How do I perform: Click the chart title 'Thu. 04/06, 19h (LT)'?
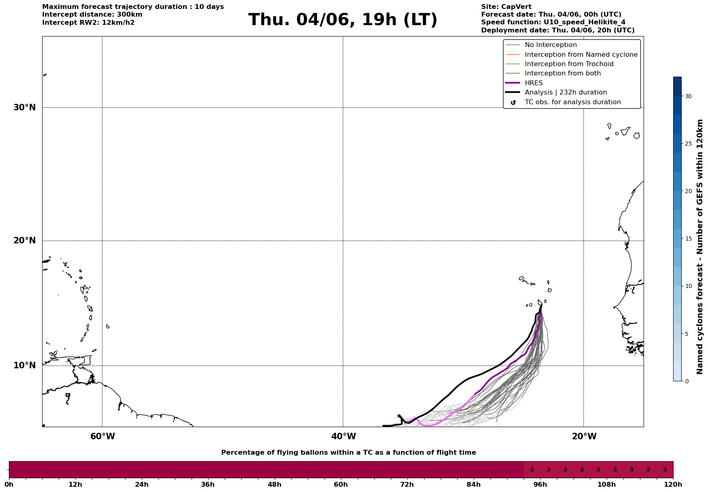pos(343,20)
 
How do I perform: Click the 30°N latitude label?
pos(24,107)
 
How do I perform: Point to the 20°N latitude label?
pos(24,241)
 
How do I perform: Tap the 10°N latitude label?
pos(24,365)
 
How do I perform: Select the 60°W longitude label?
pos(102,436)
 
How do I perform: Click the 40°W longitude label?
pos(343,436)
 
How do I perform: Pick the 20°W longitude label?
pos(584,436)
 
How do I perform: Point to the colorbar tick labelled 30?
pos(688,96)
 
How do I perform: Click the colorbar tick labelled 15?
pos(688,238)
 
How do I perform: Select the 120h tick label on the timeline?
pos(674,484)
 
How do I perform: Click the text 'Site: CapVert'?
pos(506,7)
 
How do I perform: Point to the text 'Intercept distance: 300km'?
pos(92,15)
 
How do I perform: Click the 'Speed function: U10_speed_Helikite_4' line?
pos(553,22)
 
